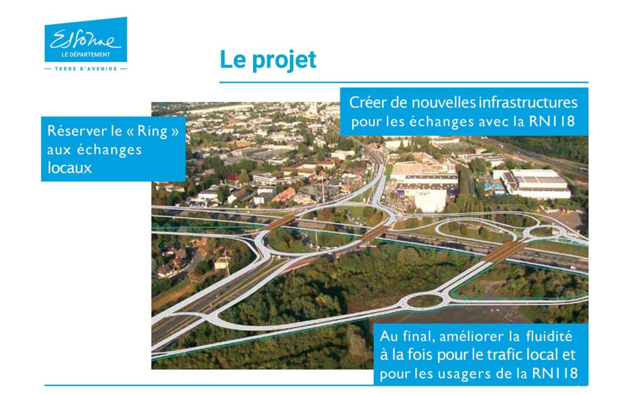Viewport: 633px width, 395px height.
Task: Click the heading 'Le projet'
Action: click(x=268, y=60)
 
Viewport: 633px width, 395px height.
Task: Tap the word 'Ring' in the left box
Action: click(x=152, y=130)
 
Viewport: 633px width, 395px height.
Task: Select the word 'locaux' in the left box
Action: click(x=69, y=168)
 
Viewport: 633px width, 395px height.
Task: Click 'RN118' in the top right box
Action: click(x=552, y=121)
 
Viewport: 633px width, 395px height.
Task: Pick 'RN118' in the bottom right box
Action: click(x=555, y=373)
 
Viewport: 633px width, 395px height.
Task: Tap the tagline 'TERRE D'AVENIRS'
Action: click(x=86, y=69)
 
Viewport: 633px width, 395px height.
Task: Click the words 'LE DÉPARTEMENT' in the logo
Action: click(x=86, y=54)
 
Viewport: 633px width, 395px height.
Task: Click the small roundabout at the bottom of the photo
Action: click(x=425, y=301)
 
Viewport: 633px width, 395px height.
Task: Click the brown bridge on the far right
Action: click(x=505, y=251)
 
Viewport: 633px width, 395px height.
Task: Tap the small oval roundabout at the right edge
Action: click(x=544, y=231)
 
